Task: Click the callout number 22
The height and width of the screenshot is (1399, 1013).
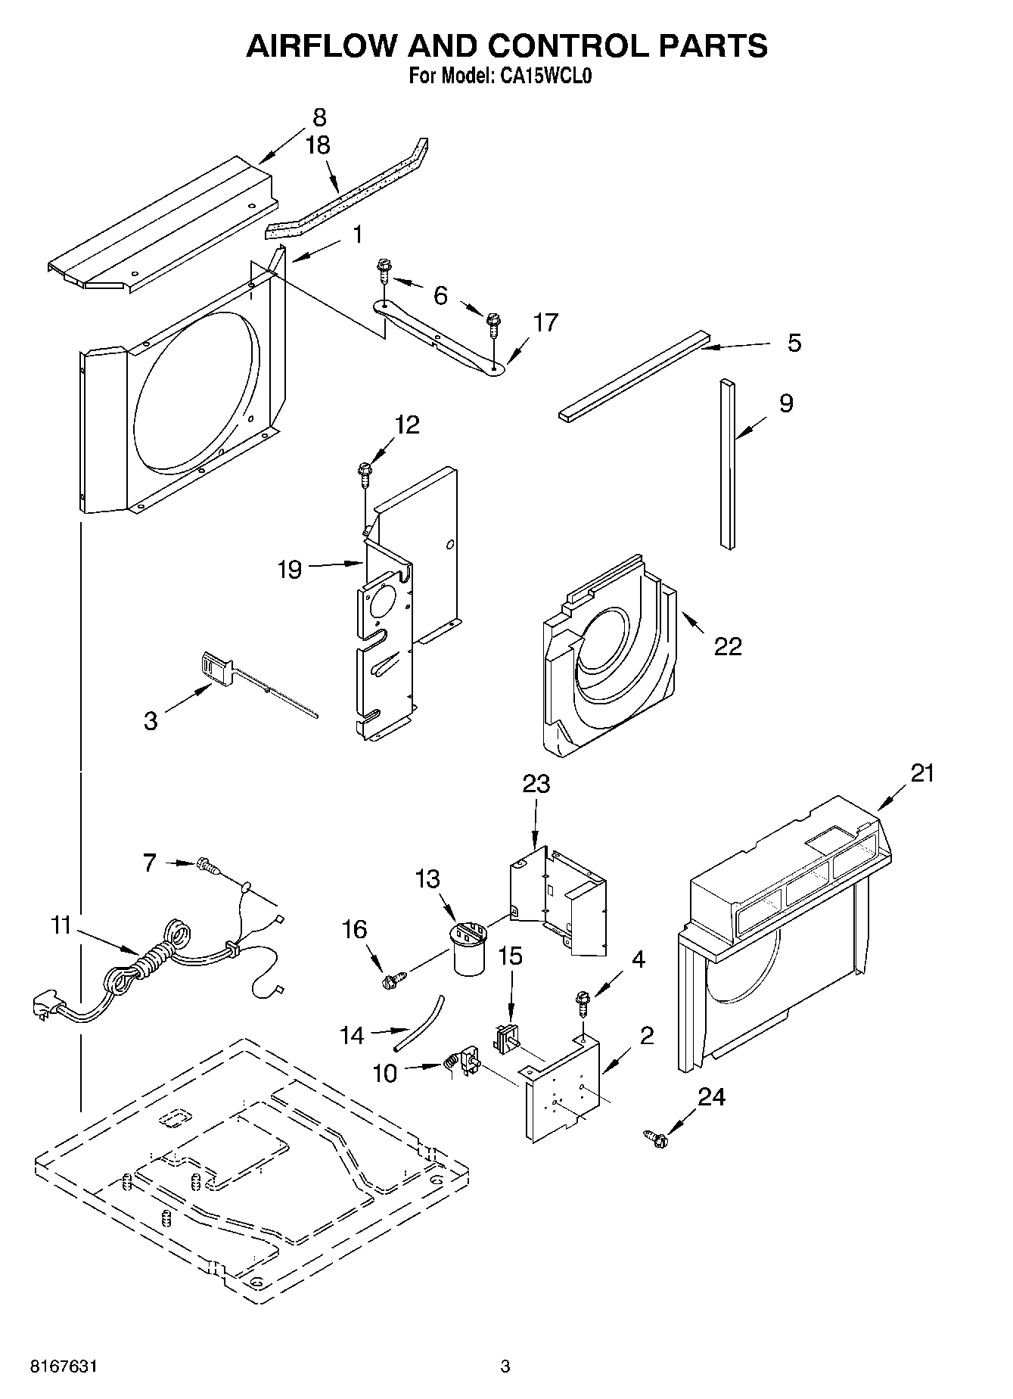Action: [x=728, y=646]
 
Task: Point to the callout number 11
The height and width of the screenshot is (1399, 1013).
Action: [x=61, y=925]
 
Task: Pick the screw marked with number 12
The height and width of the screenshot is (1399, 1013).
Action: [x=365, y=474]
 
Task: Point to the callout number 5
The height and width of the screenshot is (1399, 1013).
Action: [x=794, y=343]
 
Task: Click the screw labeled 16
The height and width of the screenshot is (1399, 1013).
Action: [x=393, y=981]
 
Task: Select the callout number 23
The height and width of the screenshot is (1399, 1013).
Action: [x=536, y=784]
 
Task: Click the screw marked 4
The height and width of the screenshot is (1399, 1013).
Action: [x=583, y=1002]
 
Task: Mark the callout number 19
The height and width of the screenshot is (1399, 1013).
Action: [x=291, y=569]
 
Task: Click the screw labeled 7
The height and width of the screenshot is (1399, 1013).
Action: [x=207, y=864]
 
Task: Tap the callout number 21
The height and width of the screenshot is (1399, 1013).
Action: [x=922, y=773]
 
